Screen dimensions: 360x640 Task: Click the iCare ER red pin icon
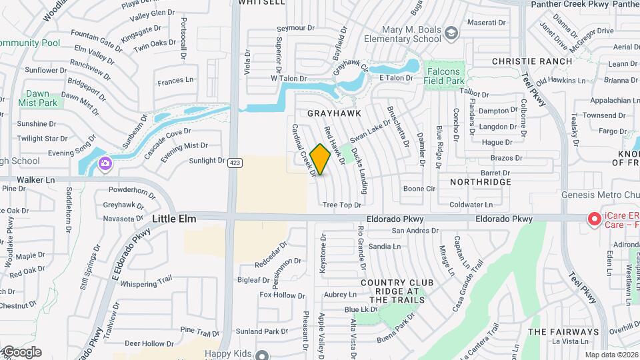pyautogui.click(x=592, y=219)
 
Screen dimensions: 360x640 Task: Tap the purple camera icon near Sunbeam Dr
pyautogui.click(x=105, y=163)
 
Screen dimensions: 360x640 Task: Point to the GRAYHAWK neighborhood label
pyautogui.click(x=329, y=113)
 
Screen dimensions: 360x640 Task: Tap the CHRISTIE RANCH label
pyautogui.click(x=532, y=61)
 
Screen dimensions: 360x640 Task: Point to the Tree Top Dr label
pyautogui.click(x=341, y=205)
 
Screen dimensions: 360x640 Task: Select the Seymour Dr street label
pyautogui.click(x=295, y=28)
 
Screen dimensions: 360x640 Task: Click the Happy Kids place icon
pyautogui.click(x=263, y=355)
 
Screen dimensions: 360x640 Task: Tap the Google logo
pyautogui.click(x=21, y=351)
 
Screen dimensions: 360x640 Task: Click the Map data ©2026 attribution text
pyautogui.click(x=611, y=355)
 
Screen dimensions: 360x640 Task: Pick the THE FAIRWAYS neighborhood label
pyautogui.click(x=563, y=332)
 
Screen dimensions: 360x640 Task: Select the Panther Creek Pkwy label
pyautogui.click(x=584, y=4)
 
